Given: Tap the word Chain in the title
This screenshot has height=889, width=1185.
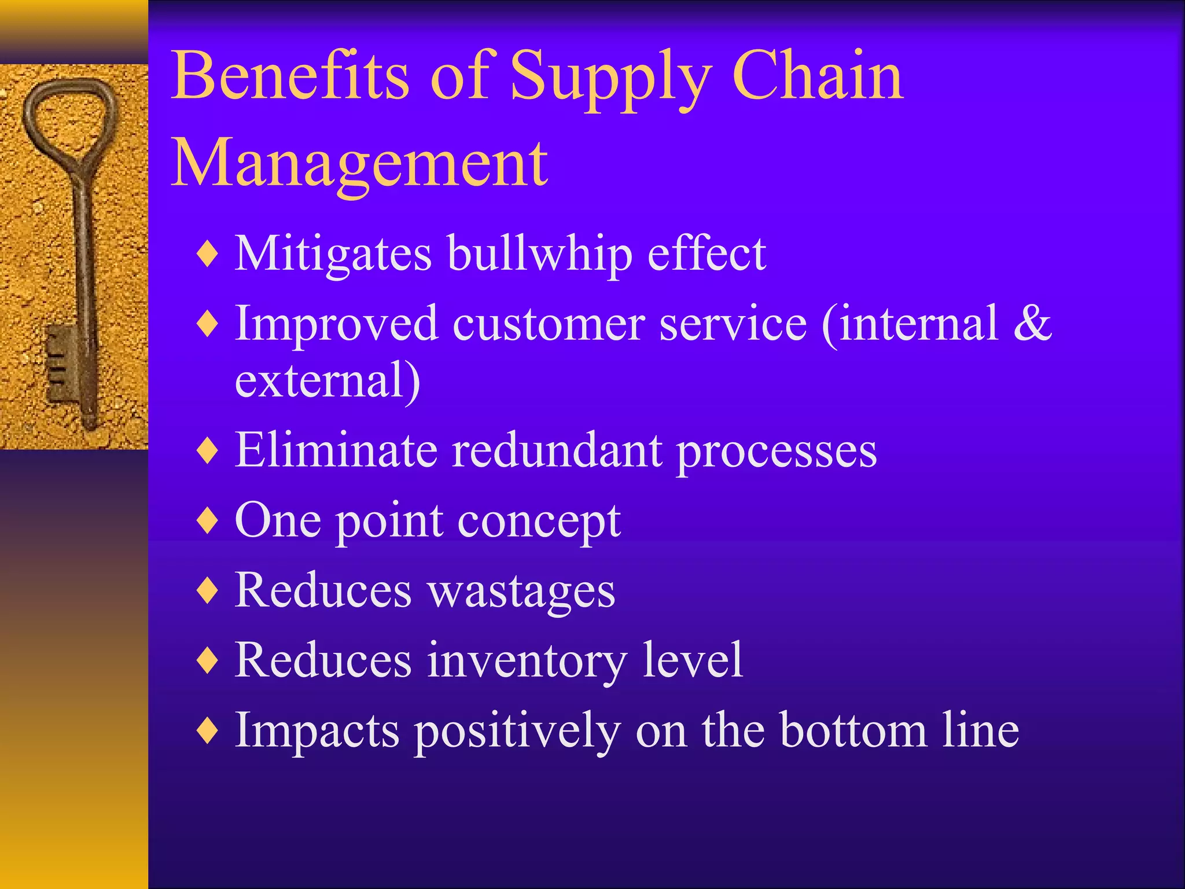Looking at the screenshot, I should [817, 76].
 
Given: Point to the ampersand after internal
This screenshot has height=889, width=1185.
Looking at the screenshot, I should [1032, 323].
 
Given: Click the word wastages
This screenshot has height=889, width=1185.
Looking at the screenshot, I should [521, 591].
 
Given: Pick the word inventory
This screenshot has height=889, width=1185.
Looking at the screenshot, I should [527, 660].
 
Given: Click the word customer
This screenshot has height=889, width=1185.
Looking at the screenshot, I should [549, 323].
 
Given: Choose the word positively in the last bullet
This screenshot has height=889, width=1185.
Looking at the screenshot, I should [518, 730].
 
